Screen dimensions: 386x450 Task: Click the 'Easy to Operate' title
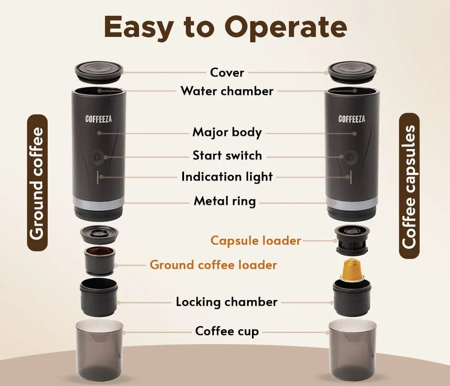tap(225, 28)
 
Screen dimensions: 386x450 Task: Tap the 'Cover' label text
tap(227, 73)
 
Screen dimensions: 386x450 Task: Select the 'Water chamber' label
tap(227, 91)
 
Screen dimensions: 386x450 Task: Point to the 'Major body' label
tap(227, 132)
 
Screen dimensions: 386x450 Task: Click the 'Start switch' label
tap(227, 156)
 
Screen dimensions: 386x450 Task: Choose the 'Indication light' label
tap(227, 177)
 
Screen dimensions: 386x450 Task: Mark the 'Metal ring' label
tap(225, 201)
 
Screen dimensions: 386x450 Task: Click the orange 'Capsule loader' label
tap(256, 241)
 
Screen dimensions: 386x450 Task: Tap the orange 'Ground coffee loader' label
tap(213, 265)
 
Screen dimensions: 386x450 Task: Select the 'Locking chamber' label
tap(226, 302)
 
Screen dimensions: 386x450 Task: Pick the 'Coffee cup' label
tap(227, 332)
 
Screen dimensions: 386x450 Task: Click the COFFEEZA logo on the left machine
tap(99, 119)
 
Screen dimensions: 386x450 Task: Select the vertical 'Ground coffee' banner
tap(37, 182)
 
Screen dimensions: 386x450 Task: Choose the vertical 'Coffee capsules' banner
tap(409, 186)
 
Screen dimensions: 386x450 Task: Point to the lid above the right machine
tap(351, 71)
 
